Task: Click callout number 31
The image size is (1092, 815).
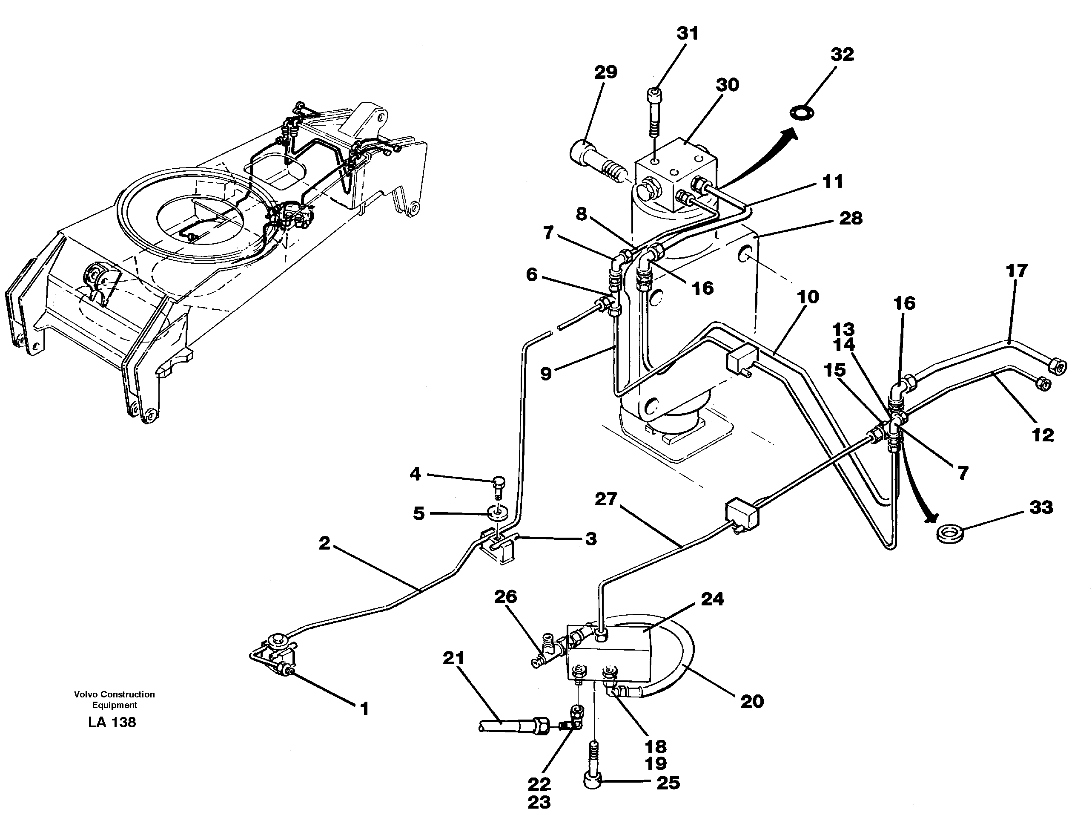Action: (687, 34)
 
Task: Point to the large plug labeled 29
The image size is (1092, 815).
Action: (599, 161)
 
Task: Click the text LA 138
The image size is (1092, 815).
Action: (112, 722)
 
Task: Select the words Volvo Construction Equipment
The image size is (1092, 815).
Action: (115, 700)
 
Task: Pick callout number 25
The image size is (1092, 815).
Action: (668, 783)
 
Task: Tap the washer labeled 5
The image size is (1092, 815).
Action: (496, 513)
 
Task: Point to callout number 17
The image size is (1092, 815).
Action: (1016, 271)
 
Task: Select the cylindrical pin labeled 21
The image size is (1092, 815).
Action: (508, 725)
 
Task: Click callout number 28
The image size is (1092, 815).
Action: (851, 218)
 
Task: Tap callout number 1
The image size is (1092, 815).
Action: (364, 709)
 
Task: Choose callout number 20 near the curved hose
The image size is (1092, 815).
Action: (752, 701)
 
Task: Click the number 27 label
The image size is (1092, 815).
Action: (606, 499)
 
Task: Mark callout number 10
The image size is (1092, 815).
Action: (808, 297)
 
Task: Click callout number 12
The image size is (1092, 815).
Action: (1043, 435)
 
